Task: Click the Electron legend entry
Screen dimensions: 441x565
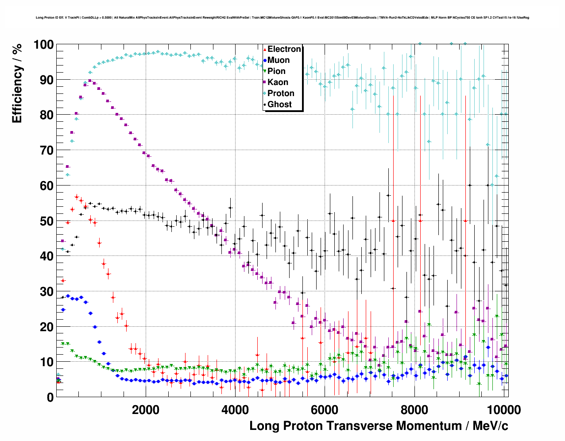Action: (284, 49)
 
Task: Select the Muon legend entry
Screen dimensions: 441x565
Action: (279, 60)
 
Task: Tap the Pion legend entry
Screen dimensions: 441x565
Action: (276, 71)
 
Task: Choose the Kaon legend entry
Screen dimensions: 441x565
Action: (278, 82)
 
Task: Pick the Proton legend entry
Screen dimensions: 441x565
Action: (281, 93)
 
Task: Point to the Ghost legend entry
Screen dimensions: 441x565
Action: (279, 104)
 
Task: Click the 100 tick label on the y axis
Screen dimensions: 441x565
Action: (43, 45)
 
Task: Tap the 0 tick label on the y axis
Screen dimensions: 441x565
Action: (50, 397)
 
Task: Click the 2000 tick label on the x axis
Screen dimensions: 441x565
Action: (145, 410)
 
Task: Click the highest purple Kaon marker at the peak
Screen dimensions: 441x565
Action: (90, 81)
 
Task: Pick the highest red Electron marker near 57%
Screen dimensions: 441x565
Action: (77, 197)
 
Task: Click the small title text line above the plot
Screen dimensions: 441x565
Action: (282, 18)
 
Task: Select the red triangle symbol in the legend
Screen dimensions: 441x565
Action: (265, 49)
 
